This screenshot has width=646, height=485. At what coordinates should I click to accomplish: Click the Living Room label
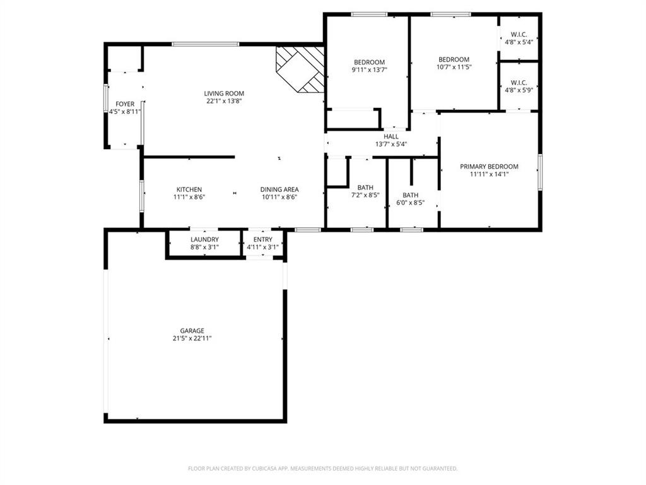click(224, 93)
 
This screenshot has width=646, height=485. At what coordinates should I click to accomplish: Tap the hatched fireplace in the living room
click(300, 68)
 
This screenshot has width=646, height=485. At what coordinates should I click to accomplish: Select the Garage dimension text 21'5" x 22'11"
click(192, 338)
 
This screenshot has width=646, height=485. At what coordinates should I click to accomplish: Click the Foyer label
click(124, 104)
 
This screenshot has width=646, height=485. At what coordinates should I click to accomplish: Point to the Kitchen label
click(189, 189)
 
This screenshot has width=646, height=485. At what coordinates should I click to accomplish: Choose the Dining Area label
click(279, 189)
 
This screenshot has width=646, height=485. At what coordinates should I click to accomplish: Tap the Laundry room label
click(204, 239)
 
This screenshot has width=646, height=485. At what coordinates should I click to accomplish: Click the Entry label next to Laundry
click(262, 239)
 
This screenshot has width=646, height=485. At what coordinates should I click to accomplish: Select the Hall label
click(391, 136)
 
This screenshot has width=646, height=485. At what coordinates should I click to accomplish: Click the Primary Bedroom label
click(489, 167)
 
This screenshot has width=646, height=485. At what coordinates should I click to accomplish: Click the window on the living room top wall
click(206, 44)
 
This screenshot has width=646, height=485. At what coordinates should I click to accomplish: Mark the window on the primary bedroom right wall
click(540, 171)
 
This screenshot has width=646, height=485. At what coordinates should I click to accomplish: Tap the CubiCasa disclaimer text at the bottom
click(322, 469)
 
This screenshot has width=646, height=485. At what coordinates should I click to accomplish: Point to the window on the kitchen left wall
click(141, 196)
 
